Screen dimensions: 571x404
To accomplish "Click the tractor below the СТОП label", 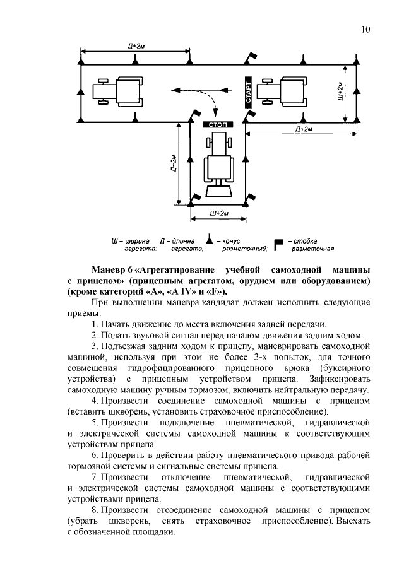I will (218, 168).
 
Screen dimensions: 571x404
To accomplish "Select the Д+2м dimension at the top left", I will (136, 45).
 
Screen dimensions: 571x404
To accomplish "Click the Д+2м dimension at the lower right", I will (303, 129).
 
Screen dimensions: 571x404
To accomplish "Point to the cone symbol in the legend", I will (209, 242).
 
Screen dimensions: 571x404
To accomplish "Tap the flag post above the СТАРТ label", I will (251, 57).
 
